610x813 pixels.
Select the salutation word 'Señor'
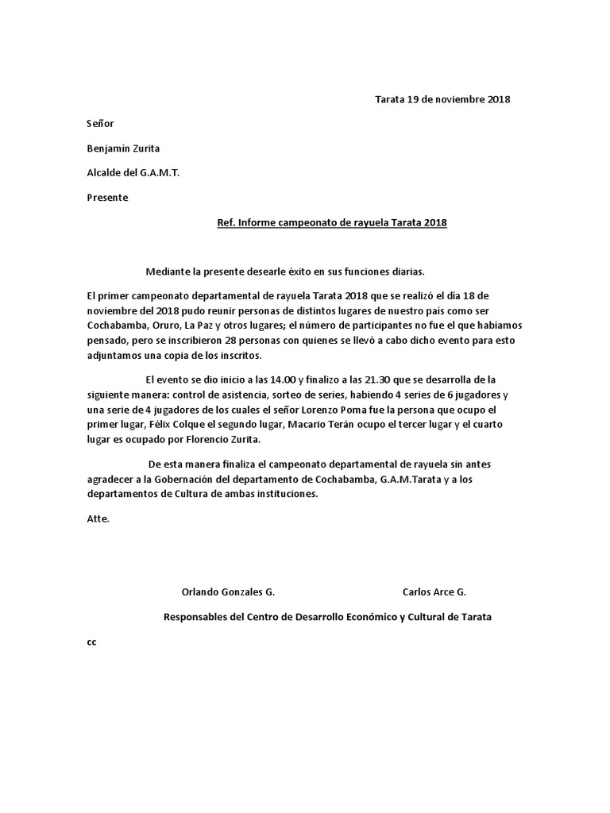pos(100,124)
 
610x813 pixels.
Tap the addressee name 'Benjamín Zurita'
pos(123,148)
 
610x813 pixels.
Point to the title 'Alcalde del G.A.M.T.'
pos(133,173)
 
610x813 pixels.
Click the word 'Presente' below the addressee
pos(107,198)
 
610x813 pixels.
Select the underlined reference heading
pos(332,223)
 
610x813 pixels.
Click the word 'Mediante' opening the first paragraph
pos(168,272)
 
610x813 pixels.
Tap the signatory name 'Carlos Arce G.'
pos(434,592)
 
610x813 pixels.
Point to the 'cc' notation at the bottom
pos(91,642)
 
